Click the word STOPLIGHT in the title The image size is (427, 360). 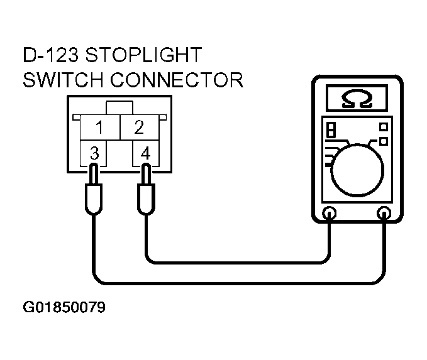click(143, 55)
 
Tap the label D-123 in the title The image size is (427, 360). click(51, 55)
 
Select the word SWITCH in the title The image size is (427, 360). click(63, 80)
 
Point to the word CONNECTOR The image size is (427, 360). click(177, 80)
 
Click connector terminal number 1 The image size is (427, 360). click(99, 127)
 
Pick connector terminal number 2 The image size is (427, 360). click(139, 127)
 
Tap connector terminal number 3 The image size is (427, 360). click(94, 153)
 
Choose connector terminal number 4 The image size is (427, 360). click(146, 153)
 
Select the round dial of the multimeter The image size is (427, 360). click(357, 170)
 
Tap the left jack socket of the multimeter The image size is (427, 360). click(330, 213)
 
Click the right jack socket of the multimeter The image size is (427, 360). click(384, 213)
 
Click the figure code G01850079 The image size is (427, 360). click(64, 307)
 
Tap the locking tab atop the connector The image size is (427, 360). click(119, 108)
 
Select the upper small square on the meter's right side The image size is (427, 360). click(384, 127)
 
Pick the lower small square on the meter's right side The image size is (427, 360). click(384, 141)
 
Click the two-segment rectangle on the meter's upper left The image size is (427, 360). click(331, 129)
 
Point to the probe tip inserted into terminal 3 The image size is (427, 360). click(94, 173)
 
